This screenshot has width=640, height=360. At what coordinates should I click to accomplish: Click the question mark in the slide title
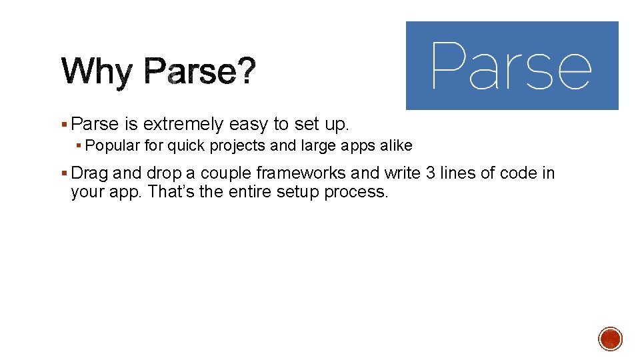pos(245,71)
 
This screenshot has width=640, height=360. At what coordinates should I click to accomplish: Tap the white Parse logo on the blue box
pos(511,65)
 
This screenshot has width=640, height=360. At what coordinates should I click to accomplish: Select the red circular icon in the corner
pos(610,339)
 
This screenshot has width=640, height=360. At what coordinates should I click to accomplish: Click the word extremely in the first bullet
pos(183,125)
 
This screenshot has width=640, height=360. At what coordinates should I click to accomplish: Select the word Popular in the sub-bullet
pos(113,145)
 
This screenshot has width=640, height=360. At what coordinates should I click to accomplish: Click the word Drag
pos(89,173)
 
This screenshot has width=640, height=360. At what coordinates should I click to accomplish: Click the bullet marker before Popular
pos(79,145)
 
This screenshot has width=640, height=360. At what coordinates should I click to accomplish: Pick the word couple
pos(227,174)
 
